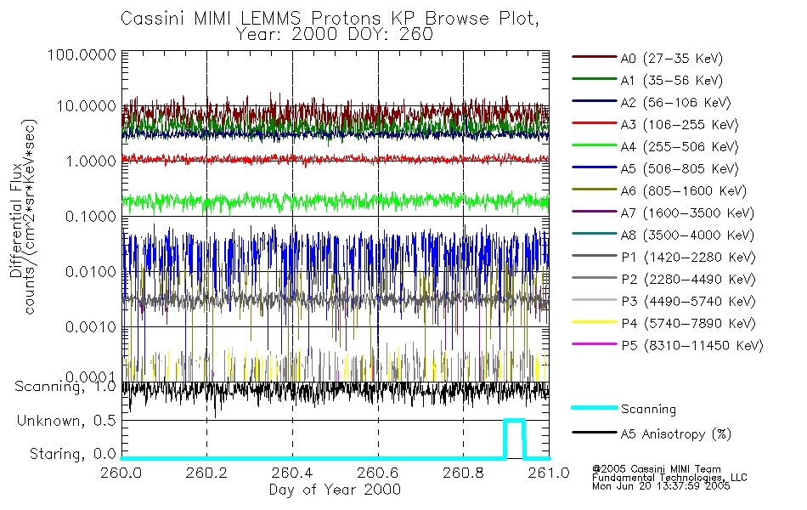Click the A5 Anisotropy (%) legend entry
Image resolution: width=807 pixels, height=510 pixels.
[675, 434]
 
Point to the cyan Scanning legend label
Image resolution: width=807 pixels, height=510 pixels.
[648, 410]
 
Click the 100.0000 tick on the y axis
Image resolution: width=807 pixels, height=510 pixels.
[82, 55]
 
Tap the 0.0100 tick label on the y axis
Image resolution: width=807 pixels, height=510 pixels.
[88, 272]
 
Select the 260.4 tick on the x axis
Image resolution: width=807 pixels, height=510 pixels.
[292, 473]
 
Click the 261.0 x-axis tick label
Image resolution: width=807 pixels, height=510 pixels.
[548, 473]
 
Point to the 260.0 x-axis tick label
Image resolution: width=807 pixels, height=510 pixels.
[122, 473]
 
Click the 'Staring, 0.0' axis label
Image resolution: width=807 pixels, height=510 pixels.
[71, 454]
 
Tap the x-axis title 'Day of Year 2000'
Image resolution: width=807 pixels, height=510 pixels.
[335, 490]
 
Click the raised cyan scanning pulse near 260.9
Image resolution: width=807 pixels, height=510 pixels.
[514, 421]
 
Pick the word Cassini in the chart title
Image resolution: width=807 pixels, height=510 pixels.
[152, 19]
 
